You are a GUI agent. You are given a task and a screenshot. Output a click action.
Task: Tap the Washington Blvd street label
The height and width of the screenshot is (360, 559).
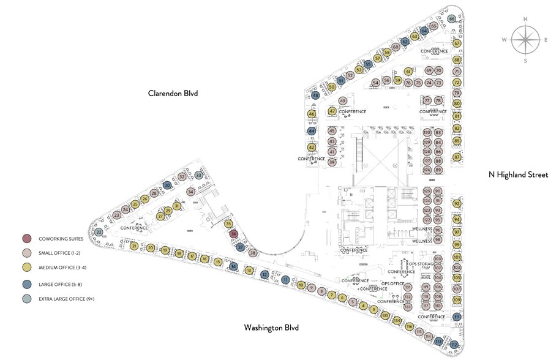click(x=271, y=328)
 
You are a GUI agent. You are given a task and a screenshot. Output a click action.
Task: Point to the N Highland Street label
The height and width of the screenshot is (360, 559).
click(x=518, y=174)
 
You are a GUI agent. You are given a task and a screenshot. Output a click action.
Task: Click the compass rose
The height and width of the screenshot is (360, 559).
click(x=525, y=39)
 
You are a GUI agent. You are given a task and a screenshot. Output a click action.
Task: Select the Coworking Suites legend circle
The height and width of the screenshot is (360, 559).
click(x=26, y=238)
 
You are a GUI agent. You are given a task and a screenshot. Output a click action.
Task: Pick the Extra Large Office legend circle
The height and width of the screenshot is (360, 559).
click(x=26, y=298)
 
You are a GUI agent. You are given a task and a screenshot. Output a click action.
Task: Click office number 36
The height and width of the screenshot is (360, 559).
click(x=233, y=234)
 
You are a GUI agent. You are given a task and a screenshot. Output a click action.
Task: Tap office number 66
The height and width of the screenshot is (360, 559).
click(x=452, y=19)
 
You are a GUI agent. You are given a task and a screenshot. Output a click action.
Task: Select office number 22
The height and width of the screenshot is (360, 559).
click(x=99, y=232)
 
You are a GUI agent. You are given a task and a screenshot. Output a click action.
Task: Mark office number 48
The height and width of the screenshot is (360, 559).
click(x=315, y=96)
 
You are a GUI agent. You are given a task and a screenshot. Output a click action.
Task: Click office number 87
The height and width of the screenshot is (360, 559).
click(x=457, y=157)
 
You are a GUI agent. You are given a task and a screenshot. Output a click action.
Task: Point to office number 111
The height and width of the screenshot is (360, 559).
click(x=457, y=317)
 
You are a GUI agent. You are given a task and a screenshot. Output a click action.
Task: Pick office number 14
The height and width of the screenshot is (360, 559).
click(x=233, y=266)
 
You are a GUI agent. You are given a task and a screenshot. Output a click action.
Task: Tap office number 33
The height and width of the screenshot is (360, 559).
click(x=198, y=175)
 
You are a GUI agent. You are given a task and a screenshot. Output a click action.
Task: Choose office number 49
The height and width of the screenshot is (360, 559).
click(x=343, y=101)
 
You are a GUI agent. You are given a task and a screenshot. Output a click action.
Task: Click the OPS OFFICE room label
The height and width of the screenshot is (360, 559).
click(x=394, y=283)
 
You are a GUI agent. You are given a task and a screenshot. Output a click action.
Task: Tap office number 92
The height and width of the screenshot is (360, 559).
click(x=457, y=204)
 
